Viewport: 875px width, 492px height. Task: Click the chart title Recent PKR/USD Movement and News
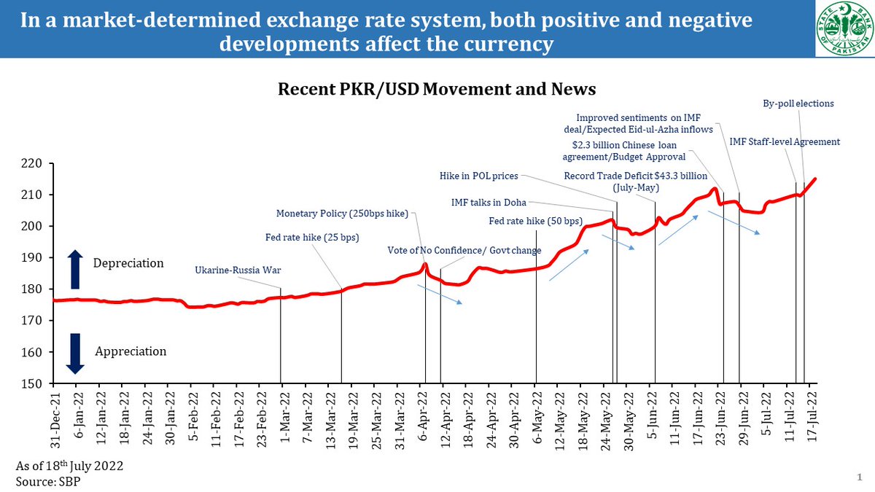(x=437, y=89)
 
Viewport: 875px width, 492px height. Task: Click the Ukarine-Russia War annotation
(x=238, y=270)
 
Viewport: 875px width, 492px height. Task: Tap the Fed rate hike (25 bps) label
(x=311, y=237)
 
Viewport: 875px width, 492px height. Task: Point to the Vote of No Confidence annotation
(x=464, y=250)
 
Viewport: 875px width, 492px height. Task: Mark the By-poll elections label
(x=793, y=104)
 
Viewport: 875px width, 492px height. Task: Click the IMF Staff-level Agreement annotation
(x=785, y=141)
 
